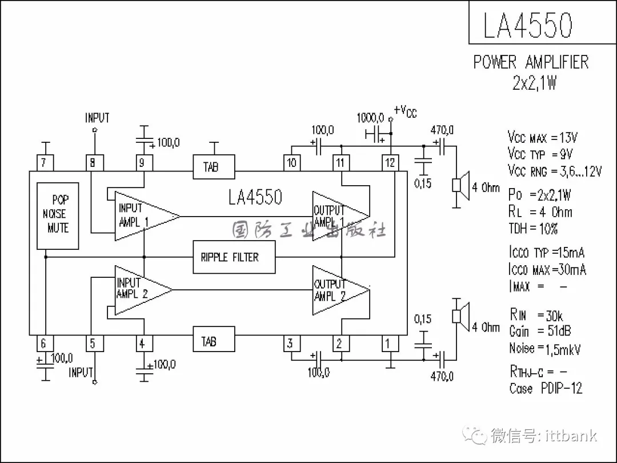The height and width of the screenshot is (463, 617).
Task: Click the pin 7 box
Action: click(44, 163)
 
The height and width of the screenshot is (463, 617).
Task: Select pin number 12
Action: click(390, 163)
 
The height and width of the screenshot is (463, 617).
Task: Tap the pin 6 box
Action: click(44, 344)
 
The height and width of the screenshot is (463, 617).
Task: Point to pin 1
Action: click(390, 343)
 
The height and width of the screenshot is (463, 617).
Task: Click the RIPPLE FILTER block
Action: click(234, 257)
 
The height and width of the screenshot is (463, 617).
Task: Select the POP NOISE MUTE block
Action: click(58, 215)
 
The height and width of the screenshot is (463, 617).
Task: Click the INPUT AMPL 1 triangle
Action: click(143, 216)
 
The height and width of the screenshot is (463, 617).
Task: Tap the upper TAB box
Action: click(213, 167)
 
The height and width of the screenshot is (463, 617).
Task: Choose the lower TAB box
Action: click(213, 341)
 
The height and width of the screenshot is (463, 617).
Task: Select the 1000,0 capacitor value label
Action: click(370, 118)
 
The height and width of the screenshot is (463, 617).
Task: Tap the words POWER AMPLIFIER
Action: click(531, 62)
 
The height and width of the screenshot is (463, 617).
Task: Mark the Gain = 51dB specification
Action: click(540, 331)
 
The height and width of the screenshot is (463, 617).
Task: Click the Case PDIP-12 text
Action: click(546, 388)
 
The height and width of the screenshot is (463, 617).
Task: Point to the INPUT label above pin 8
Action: click(97, 118)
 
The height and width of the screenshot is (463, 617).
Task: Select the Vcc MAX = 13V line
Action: click(543, 138)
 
